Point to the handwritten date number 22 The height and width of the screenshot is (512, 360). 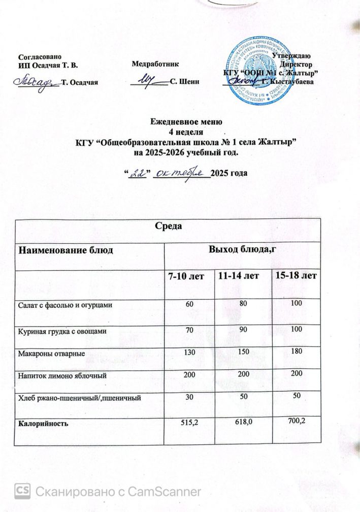coord(136,174)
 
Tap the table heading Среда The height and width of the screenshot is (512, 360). coord(168,227)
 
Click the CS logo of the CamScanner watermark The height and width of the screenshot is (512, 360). coord(22,491)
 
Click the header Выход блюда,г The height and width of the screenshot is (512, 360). coord(243,249)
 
